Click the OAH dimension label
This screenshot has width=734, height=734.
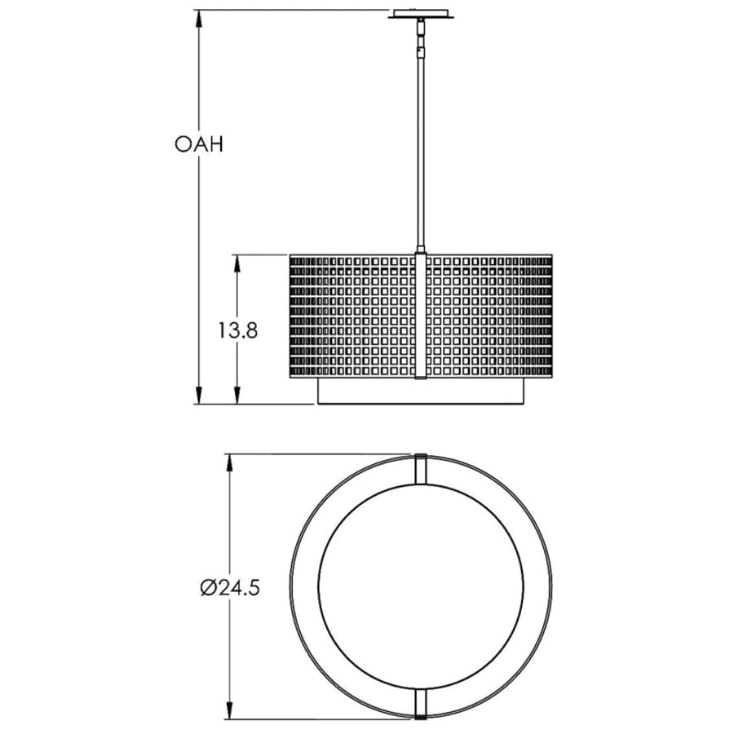click(199, 144)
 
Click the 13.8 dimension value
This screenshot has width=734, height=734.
click(238, 331)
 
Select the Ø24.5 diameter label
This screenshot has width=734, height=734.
click(229, 588)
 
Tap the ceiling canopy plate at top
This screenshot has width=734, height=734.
click(421, 14)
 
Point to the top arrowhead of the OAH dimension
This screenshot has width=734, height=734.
click(199, 19)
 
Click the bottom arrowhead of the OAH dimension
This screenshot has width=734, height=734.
click(199, 395)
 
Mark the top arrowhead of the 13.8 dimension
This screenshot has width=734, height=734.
click(237, 263)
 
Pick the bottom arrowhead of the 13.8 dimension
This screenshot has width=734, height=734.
click(237, 395)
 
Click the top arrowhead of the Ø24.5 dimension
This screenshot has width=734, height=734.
click(229, 463)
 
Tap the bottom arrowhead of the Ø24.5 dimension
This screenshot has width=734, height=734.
click(229, 723)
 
